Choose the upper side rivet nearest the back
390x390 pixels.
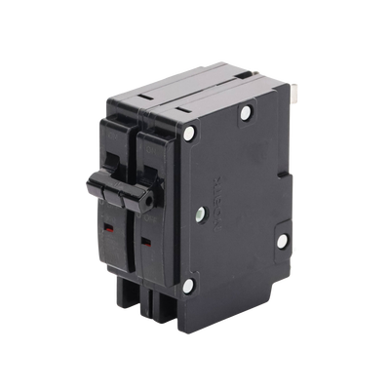coord(244,113)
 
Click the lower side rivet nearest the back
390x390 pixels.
coord(282,241)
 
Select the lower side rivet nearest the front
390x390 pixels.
coord(190,285)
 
